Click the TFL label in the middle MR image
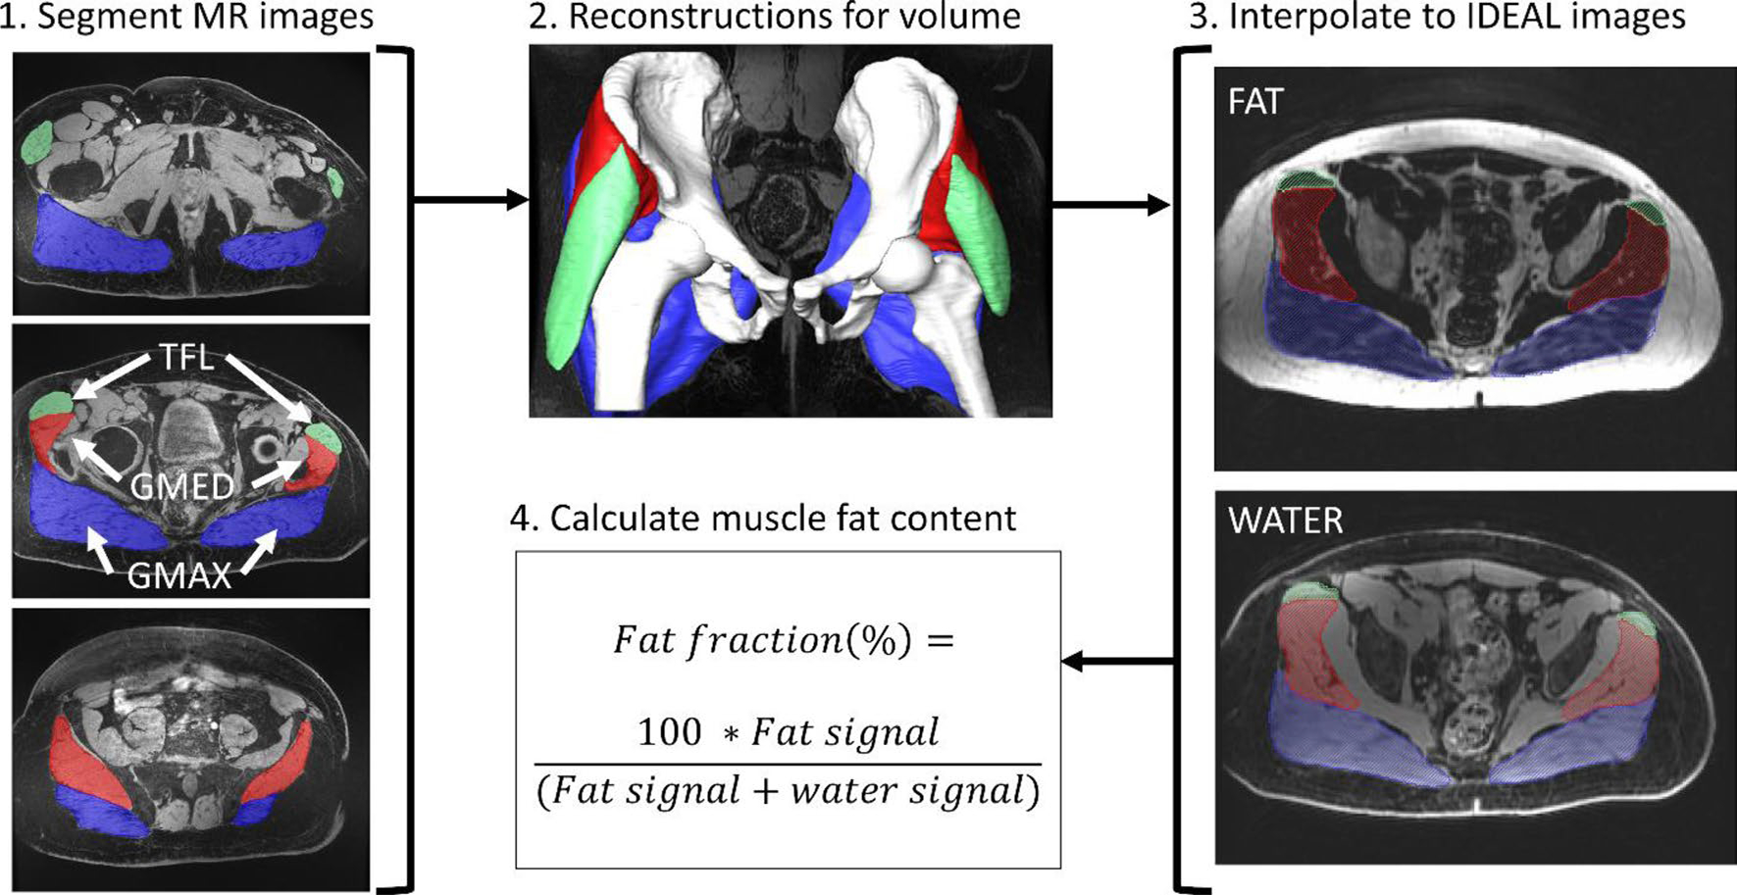pyautogui.click(x=186, y=358)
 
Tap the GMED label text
pyautogui.click(x=182, y=486)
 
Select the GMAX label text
pyautogui.click(x=179, y=573)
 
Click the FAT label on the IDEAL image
pyautogui.click(x=1254, y=102)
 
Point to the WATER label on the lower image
pyautogui.click(x=1285, y=521)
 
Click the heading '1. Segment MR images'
pyautogui.click(x=186, y=17)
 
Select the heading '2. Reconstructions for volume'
pyautogui.click(x=775, y=17)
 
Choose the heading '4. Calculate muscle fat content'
pyautogui.click(x=763, y=518)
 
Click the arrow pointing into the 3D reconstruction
pyautogui.click(x=471, y=201)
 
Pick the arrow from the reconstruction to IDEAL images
pyautogui.click(x=1110, y=205)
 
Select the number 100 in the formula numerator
pyautogui.click(x=669, y=731)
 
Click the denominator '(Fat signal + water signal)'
pyautogui.click(x=788, y=790)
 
